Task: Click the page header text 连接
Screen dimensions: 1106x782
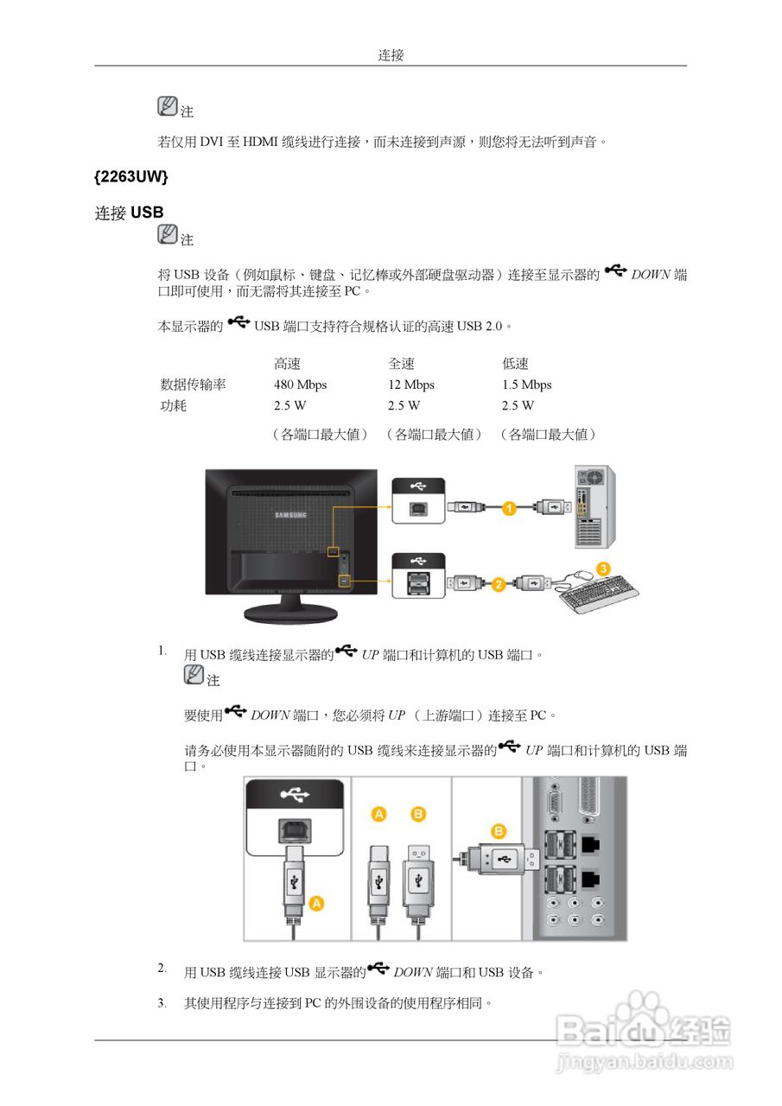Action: pos(391,55)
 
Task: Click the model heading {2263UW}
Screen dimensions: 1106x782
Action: pos(130,176)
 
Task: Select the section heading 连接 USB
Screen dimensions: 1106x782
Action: pos(129,213)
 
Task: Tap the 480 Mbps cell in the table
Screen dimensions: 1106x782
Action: pos(300,385)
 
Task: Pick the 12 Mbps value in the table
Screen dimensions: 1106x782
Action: pos(410,385)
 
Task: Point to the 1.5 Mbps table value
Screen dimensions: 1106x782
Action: pos(526,385)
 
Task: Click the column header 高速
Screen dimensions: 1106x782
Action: pos(287,364)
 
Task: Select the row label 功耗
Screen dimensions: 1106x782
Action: pos(174,405)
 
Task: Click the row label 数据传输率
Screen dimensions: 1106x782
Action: pos(193,385)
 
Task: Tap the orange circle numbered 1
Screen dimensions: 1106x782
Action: pos(510,508)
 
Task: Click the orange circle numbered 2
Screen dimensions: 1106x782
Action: pos(499,585)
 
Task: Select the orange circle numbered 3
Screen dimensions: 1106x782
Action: pos(604,569)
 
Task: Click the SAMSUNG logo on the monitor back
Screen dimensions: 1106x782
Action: pos(290,516)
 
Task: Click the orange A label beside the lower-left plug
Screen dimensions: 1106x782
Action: pos(316,903)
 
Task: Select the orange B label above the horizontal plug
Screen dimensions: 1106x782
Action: pos(499,831)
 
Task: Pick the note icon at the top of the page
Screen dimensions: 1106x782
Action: pos(168,106)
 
